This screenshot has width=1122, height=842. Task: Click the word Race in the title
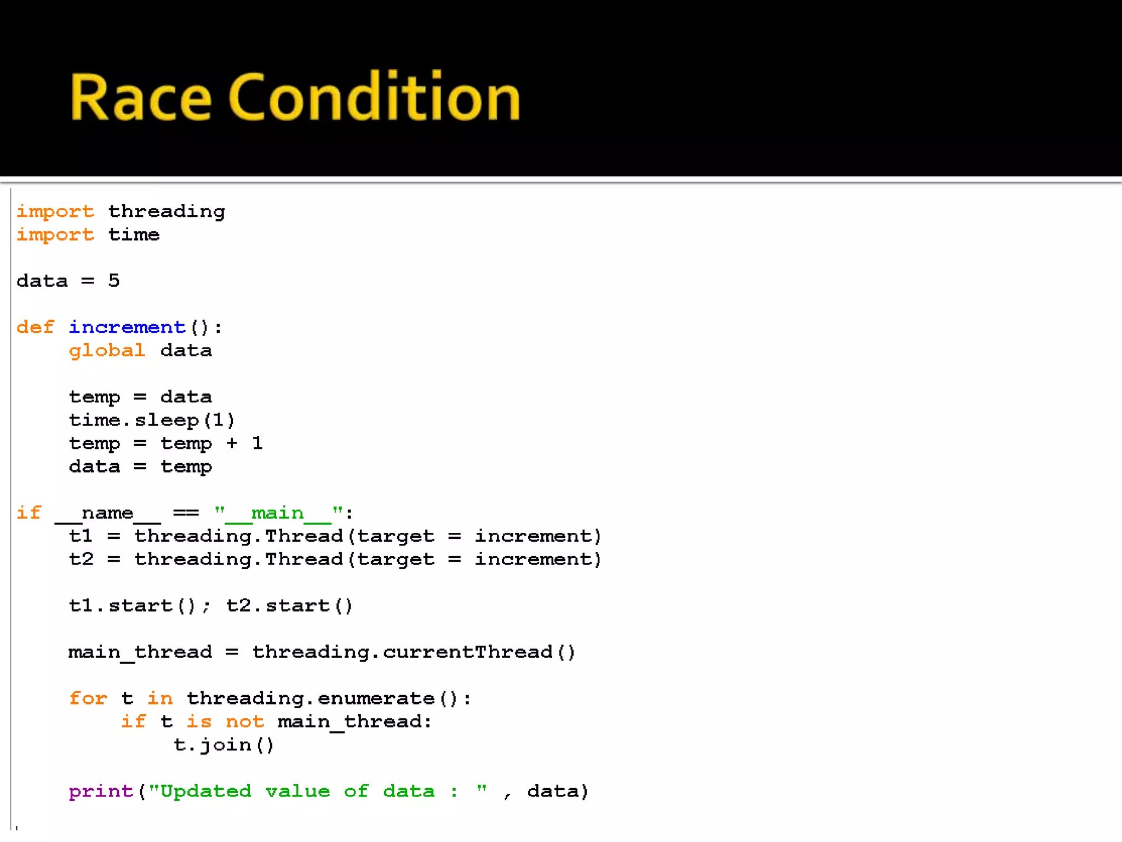[140, 97]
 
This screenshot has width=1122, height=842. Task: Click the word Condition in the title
[374, 97]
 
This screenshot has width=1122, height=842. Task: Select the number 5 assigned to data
[114, 281]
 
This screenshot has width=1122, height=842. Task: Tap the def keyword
[36, 327]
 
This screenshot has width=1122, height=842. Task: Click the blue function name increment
[127, 327]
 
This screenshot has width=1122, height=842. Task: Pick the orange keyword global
[107, 350]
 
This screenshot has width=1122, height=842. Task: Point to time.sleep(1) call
[152, 420]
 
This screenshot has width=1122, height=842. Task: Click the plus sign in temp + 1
[232, 443]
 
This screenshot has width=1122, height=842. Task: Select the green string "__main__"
[278, 513]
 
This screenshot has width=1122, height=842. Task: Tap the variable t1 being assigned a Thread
[81, 536]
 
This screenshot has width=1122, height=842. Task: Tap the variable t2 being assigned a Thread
[81, 559]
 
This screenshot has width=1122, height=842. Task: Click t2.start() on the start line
[289, 606]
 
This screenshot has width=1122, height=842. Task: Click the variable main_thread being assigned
[140, 652]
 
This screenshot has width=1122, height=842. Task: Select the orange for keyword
[88, 698]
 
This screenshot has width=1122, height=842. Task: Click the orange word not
[245, 721]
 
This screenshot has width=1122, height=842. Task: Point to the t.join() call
[224, 745]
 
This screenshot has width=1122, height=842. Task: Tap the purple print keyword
[101, 791]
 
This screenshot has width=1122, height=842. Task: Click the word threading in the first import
[167, 212]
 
